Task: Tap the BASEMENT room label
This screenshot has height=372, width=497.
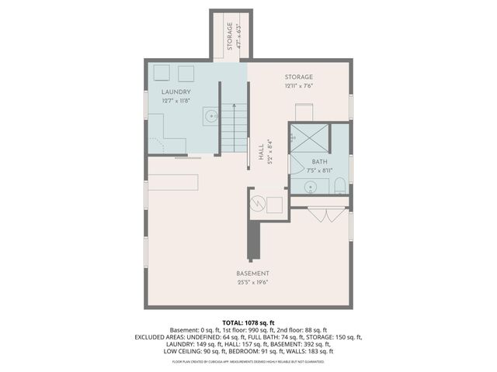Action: [253, 274]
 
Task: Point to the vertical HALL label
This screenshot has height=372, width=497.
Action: [260, 153]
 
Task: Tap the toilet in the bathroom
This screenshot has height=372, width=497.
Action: [339, 186]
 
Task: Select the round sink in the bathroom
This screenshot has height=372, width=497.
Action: [310, 186]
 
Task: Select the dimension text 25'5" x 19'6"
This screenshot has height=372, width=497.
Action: [253, 283]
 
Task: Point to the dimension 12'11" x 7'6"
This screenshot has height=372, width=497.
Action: [299, 86]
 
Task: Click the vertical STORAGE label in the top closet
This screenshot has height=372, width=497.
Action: [230, 36]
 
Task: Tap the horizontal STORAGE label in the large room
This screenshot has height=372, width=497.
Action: [299, 77]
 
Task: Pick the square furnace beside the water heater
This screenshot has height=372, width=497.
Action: [274, 205]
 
